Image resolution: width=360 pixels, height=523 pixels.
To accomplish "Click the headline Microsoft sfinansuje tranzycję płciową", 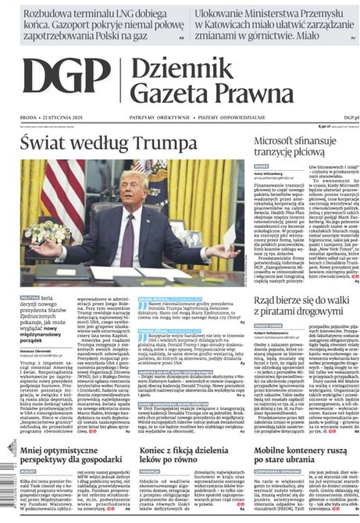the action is click(x=304, y=146).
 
